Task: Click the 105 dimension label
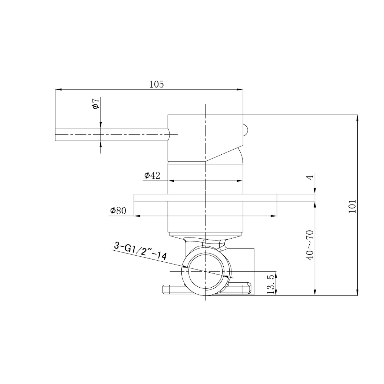point(156,84)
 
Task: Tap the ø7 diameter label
point(96,103)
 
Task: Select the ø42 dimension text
point(152,175)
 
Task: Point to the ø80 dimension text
point(118,210)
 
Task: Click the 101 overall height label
point(352,206)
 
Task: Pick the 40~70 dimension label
point(310,245)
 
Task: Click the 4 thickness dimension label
point(310,177)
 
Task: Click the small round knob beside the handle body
point(246,130)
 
